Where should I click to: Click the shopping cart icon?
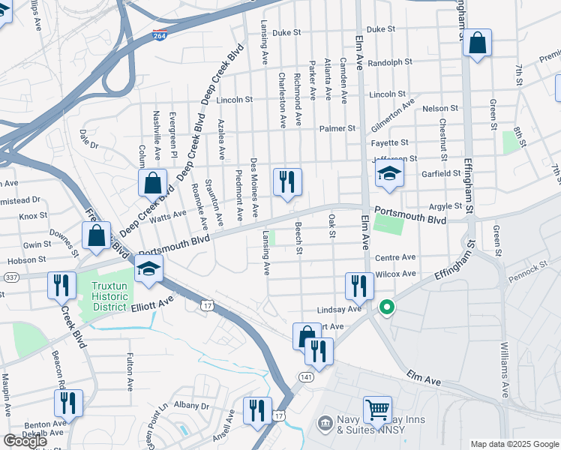point(377,410)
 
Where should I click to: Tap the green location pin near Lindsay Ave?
point(387,307)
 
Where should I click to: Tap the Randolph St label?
point(387,63)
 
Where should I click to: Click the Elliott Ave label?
point(152,306)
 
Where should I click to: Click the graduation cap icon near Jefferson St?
point(389,175)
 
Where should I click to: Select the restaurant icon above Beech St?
point(287,182)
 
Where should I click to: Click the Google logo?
point(25,441)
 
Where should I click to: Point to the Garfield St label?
point(440,173)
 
